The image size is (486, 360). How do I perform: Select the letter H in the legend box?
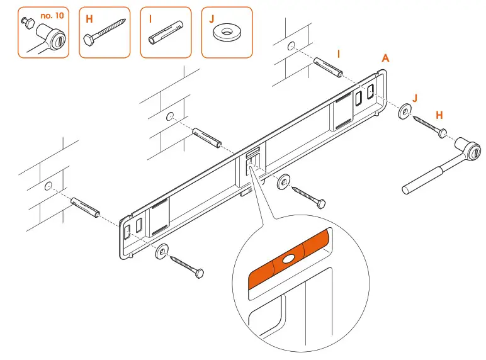coord(89,19)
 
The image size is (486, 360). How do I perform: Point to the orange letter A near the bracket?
coord(385,58)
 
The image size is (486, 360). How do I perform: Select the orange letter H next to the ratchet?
coord(439,115)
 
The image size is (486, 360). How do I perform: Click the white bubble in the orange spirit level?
coord(288,259)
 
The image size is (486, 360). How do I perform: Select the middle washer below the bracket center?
coord(284,182)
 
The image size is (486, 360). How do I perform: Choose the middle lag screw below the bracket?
coord(308,196)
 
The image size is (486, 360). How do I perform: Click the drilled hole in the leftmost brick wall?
coord(48,186)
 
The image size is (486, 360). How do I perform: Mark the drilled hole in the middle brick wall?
coord(170,116)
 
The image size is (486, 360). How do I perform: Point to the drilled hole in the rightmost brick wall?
coord(291,46)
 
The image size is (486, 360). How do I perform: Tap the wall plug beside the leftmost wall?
coord(86,206)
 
